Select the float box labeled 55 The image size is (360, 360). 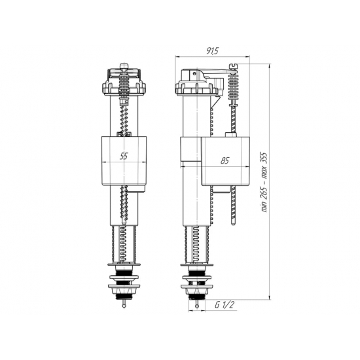[124, 160]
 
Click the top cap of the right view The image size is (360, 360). [191, 84]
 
